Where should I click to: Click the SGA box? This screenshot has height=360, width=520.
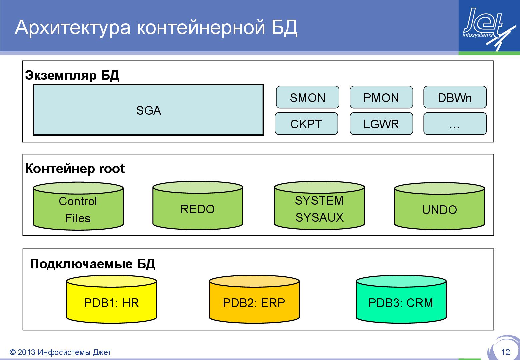pos(148,110)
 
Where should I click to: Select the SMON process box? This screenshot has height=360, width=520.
pos(307,97)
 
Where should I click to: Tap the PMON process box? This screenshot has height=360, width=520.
pos(381,97)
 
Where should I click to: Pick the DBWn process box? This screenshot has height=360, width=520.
pos(455,97)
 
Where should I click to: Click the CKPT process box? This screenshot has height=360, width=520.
pos(306,124)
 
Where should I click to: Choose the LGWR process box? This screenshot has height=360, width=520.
pos(381,124)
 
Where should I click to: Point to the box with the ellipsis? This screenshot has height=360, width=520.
pos(455,124)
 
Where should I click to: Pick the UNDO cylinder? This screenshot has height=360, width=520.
pos(439,209)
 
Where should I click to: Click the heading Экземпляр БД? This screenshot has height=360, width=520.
pos(72,75)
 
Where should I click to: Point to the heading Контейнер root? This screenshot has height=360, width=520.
pos(75,169)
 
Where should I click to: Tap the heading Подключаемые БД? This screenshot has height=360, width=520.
pos(92,264)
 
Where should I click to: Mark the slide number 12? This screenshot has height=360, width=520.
pos(505,352)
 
